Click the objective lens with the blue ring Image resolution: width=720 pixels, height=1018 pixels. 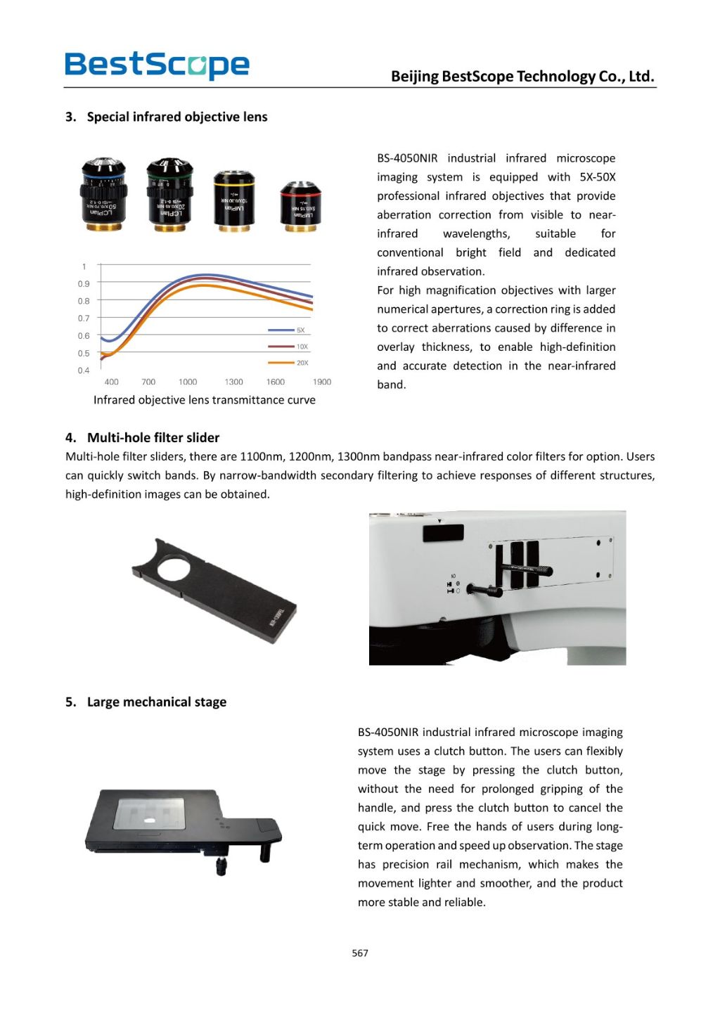104,194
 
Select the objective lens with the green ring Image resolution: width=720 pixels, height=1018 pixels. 169,194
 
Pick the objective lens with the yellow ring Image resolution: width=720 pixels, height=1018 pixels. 234,200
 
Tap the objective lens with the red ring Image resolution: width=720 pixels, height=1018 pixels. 300,205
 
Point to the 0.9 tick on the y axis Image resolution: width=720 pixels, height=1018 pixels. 84,284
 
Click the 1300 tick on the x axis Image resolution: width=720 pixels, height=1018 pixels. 233,382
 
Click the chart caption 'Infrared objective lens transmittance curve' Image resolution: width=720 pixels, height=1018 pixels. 204,400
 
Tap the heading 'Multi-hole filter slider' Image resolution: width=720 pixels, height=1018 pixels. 153,437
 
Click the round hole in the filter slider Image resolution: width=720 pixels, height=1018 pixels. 173,567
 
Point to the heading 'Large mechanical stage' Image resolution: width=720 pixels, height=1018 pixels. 156,702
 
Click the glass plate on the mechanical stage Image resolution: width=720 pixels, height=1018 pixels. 149,814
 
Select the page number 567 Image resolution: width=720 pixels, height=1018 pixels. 360,953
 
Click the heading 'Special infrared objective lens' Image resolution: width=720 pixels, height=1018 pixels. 176,117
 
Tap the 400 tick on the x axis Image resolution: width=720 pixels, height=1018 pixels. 111,382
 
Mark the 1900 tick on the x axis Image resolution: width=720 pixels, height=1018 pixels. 322,382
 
